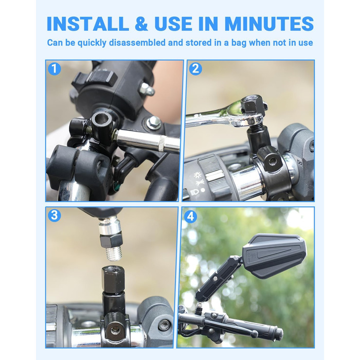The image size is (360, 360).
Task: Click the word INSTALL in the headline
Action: [x=88, y=24]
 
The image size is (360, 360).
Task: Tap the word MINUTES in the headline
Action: [x=269, y=24]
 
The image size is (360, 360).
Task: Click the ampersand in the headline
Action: [x=141, y=24]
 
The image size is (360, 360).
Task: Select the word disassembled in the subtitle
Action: [x=137, y=43]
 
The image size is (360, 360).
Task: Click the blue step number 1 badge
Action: [x=55, y=68]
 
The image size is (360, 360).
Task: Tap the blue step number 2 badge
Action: [x=195, y=68]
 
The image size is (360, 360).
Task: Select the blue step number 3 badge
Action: [x=55, y=215]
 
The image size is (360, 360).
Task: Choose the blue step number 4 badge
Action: [x=190, y=217]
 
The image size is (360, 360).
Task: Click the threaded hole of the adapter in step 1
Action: [x=102, y=118]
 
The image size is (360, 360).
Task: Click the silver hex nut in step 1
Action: [x=154, y=122]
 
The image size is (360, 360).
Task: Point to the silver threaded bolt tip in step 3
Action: [x=114, y=254]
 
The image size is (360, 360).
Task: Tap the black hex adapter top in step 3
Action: [x=113, y=278]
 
